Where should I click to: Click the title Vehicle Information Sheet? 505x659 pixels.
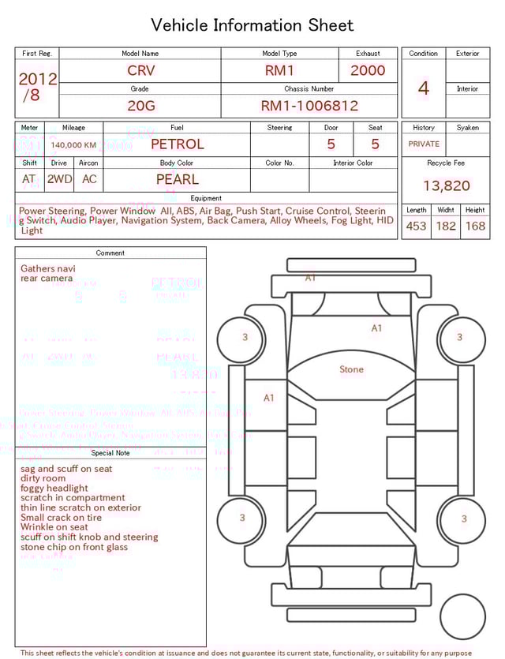252,25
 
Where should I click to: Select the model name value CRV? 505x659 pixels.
141,70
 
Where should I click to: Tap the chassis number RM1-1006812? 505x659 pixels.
309,105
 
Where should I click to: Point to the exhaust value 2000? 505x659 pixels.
368,70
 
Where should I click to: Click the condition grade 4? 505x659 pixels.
423,88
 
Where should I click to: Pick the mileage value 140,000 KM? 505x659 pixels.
73,145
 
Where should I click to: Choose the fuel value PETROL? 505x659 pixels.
177,144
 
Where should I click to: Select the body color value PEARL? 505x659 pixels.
177,179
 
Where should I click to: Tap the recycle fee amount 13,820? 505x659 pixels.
446,185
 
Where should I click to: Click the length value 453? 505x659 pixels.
416,226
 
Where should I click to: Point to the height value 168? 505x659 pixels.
475,226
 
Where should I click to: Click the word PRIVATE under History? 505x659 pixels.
424,144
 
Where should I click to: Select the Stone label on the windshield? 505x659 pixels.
351,369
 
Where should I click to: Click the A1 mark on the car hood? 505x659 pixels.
376,328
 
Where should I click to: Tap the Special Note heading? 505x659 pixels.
110,453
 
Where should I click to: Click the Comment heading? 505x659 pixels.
110,253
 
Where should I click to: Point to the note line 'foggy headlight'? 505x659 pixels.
54,489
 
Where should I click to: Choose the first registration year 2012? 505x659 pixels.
37,79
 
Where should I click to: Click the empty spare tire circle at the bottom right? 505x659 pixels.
463,617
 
